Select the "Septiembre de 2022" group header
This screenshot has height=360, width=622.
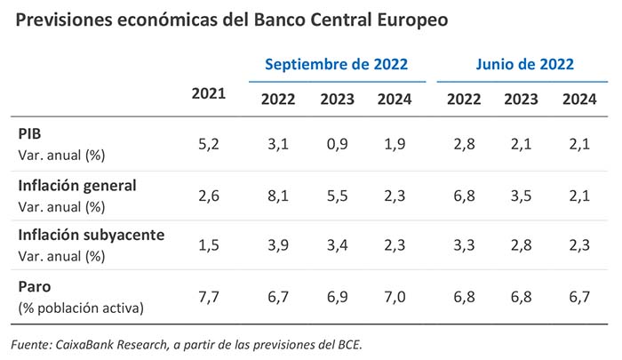click(x=336, y=64)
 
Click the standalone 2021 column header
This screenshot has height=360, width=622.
click(x=209, y=93)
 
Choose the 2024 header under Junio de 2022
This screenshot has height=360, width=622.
click(x=579, y=99)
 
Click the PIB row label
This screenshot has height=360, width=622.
click(x=30, y=133)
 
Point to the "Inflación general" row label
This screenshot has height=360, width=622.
click(x=77, y=185)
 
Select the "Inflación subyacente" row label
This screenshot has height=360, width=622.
click(x=91, y=235)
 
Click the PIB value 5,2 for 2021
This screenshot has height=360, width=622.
click(x=209, y=144)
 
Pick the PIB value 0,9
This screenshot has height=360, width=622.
click(x=339, y=144)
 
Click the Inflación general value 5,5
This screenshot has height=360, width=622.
click(x=339, y=194)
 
